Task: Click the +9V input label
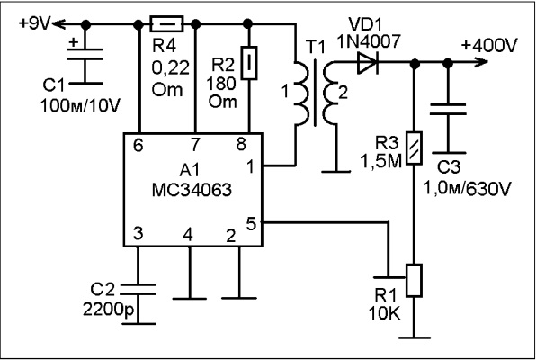point(35,23)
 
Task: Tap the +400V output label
point(489,45)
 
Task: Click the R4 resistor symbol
point(166,24)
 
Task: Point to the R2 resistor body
point(249,63)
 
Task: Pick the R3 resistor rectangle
point(415,148)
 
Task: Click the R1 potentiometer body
point(414,280)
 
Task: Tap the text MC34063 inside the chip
point(192,190)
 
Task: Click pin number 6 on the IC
point(138,146)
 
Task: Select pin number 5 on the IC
point(251,224)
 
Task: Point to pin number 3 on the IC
point(138,234)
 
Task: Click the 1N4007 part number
point(369,41)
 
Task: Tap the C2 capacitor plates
point(138,289)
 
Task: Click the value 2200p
point(109,310)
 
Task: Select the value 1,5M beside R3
point(380,161)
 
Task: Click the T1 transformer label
point(317,49)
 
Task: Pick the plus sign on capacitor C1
point(73,43)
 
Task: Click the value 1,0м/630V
point(467,189)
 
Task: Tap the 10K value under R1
point(384,313)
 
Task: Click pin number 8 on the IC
point(241,144)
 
